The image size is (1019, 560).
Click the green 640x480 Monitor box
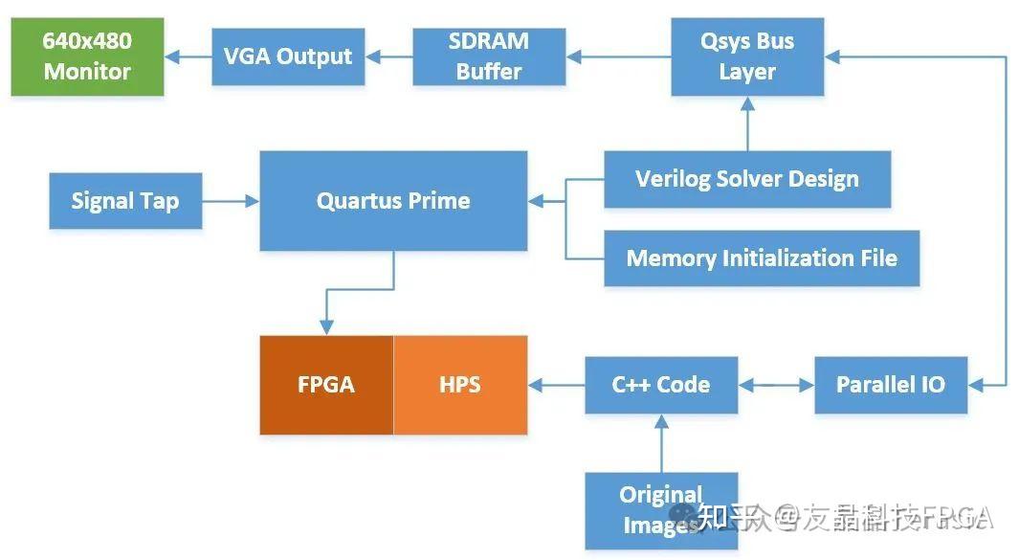pyautogui.click(x=87, y=56)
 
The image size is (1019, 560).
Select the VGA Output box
pyautogui.click(x=288, y=56)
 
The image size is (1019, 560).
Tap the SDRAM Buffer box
pyautogui.click(x=489, y=56)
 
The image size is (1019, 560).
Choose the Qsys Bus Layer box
pyautogui.click(x=747, y=56)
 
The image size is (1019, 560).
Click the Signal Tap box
pyautogui.click(x=125, y=201)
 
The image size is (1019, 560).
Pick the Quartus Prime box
pyautogui.click(x=393, y=201)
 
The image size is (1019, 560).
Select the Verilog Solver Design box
pyautogui.click(x=747, y=179)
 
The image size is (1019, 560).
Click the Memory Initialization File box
pyautogui.click(x=762, y=258)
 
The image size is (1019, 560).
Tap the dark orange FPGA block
pyautogui.click(x=326, y=385)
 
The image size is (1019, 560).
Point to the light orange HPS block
pyautogui.click(x=460, y=385)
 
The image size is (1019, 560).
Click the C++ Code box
pyautogui.click(x=661, y=385)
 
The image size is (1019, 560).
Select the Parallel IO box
pyautogui.click(x=891, y=385)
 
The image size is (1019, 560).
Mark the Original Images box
pyautogui.click(x=661, y=509)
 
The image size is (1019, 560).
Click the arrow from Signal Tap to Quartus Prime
pyautogui.click(x=231, y=201)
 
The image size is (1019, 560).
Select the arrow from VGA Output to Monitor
pyautogui.click(x=188, y=57)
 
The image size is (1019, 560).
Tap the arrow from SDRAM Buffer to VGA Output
pyautogui.click(x=388, y=57)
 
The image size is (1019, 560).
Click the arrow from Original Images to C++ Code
pyautogui.click(x=661, y=442)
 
